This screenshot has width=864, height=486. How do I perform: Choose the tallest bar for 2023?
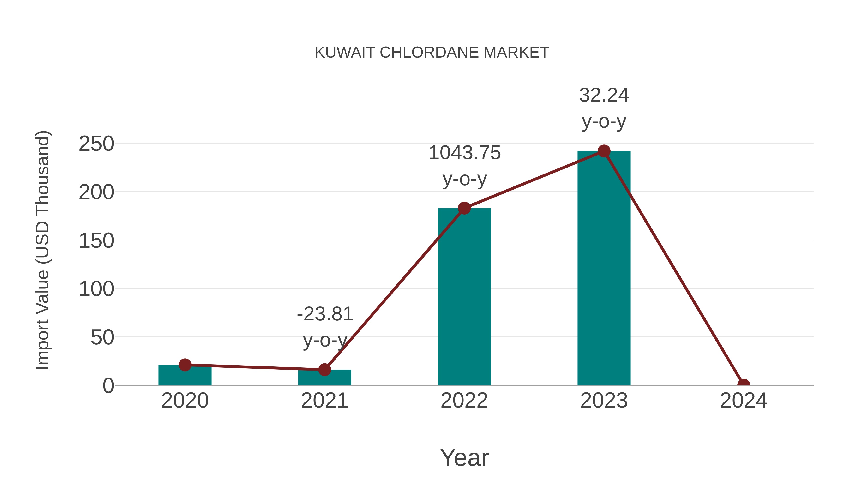[604, 268]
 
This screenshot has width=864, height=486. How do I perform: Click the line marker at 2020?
[185, 365]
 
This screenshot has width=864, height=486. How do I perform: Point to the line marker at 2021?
[324, 370]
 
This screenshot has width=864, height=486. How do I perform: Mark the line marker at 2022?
[464, 208]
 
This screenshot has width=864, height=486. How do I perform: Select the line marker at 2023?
[604, 151]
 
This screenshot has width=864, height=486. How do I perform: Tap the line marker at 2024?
[744, 384]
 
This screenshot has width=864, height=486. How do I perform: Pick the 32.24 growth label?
[604, 95]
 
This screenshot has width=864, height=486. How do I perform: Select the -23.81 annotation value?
[325, 314]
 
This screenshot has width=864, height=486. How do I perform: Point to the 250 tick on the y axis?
[96, 144]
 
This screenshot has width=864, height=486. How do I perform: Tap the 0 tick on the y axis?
[108, 386]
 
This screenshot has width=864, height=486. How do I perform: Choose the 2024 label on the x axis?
[743, 401]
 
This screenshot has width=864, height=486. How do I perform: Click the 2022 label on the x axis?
[464, 401]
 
